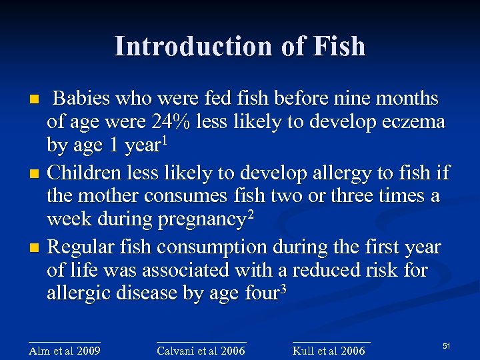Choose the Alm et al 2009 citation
[x=65, y=351]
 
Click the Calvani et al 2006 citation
[x=201, y=351]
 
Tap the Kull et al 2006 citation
[x=329, y=351]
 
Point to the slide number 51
[x=447, y=345]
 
